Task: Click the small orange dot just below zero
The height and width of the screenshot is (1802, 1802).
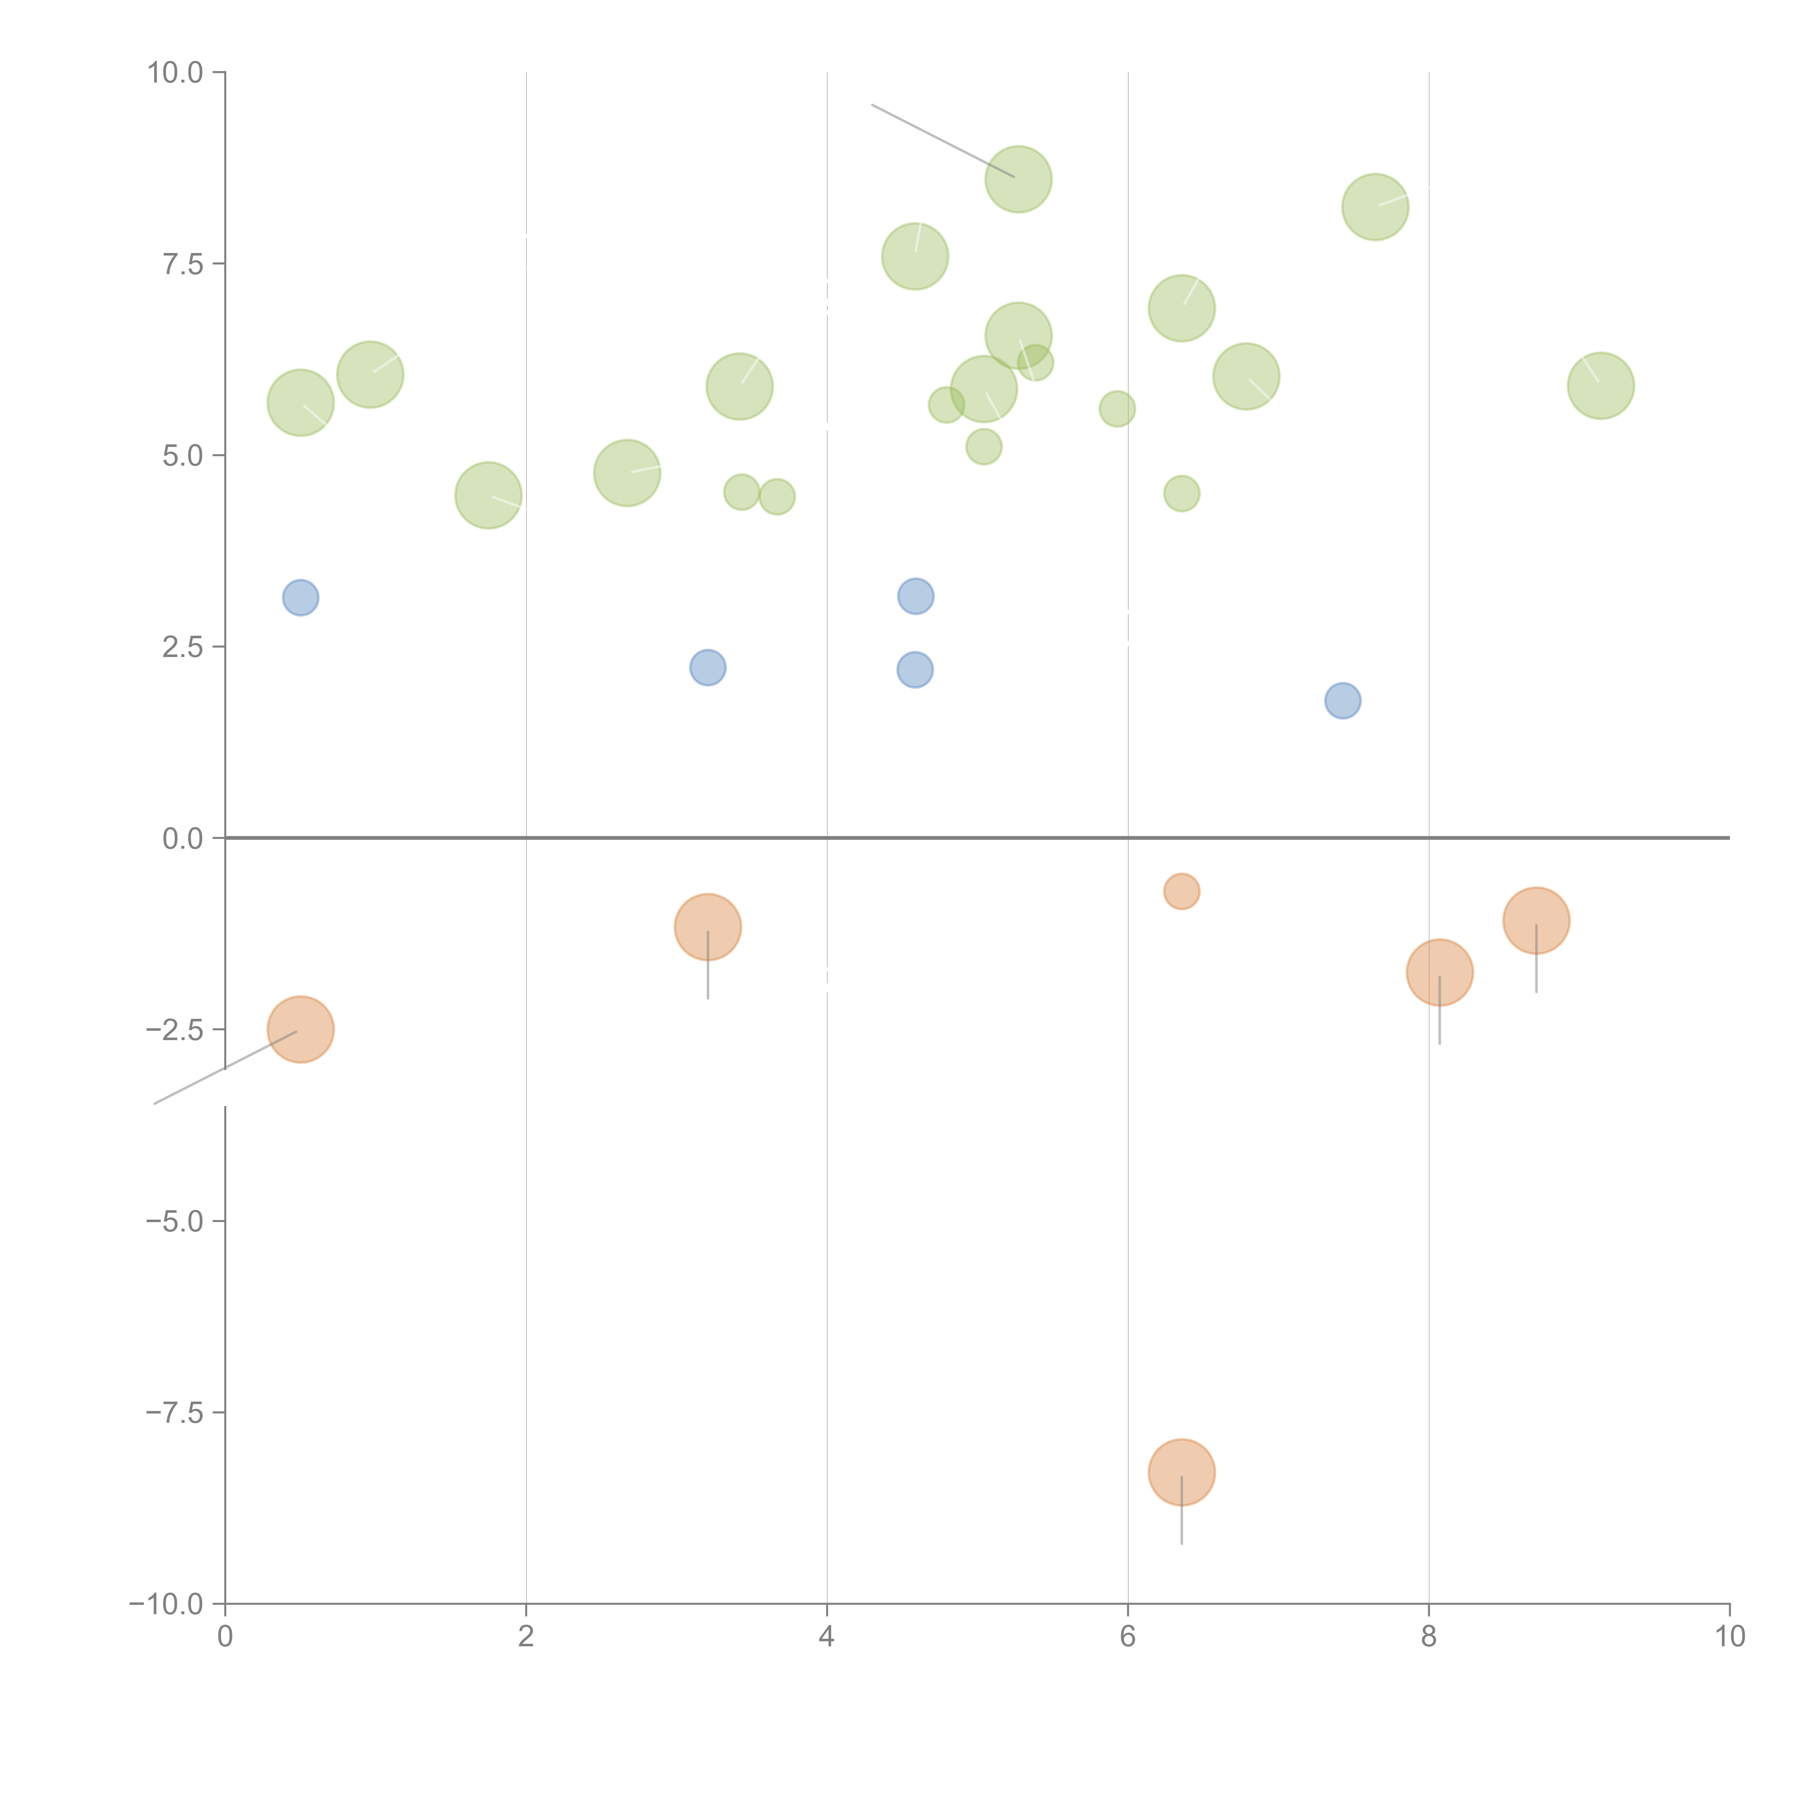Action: coord(1182,892)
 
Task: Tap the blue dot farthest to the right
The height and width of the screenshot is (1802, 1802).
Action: coord(1342,701)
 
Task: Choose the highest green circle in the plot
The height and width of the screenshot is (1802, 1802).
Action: coord(1018,179)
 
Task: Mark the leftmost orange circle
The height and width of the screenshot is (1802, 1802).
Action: coord(300,1030)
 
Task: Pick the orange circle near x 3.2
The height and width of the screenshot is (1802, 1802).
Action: coord(708,927)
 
